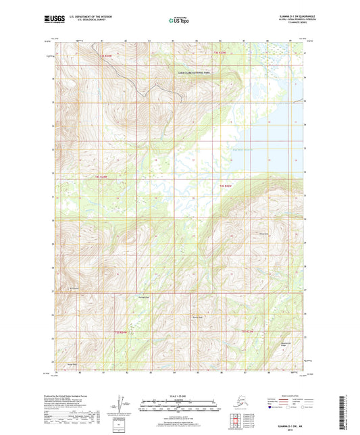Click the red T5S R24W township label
tap(121, 331)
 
